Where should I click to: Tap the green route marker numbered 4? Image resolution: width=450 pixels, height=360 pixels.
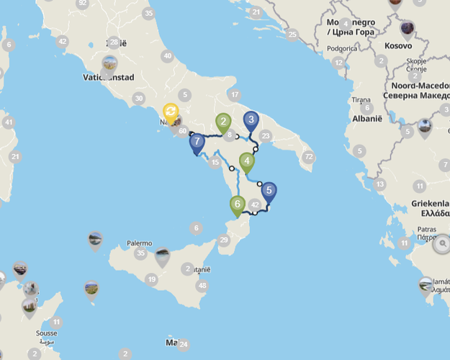pos(247,161)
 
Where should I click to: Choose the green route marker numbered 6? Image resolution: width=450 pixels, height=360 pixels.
pos(237,204)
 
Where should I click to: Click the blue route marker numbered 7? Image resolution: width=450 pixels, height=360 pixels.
pos(197,142)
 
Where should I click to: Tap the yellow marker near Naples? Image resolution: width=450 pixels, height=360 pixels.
pos(171,112)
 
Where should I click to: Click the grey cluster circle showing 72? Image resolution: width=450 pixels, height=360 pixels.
pos(309,157)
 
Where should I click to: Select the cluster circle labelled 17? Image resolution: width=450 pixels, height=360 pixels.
pos(234,94)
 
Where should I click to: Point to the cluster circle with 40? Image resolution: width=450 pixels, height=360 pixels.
pos(168,56)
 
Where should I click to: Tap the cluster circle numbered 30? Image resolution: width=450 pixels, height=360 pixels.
pos(139,99)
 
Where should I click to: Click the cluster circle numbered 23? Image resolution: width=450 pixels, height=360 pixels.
pos(266,135)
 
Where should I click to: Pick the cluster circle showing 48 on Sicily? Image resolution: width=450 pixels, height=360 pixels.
pos(202,285)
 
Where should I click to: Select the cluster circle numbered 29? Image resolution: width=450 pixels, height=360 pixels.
pos(224,240)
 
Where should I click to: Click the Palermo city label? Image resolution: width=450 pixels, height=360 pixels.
pos(140,243)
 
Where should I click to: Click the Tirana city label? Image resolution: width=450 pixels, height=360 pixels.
pos(360,99)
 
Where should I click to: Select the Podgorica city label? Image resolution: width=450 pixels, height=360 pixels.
pos(342,48)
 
